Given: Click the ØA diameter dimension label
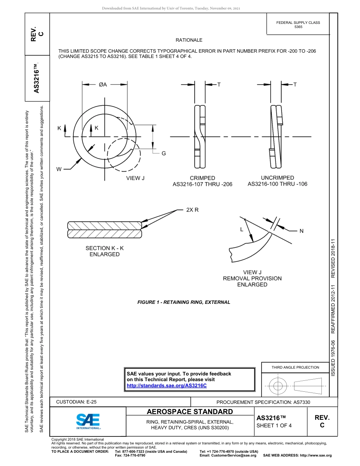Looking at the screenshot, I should (103, 84).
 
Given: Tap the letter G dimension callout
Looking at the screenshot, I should (164, 153).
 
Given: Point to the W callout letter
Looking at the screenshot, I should (59, 169).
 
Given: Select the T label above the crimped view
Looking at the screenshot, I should (219, 84).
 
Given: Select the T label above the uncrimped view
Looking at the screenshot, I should (295, 84).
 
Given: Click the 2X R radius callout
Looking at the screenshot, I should (192, 210).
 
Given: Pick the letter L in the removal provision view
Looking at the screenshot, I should (241, 229).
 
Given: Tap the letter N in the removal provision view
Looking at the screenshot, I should (301, 231).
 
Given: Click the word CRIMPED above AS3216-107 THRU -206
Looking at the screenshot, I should (202, 178).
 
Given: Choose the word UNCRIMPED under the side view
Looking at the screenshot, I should (277, 178).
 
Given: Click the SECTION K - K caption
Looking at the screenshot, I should (105, 248).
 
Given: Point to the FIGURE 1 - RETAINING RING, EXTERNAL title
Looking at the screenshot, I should (183, 302).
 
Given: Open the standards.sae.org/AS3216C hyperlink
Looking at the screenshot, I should (166, 385).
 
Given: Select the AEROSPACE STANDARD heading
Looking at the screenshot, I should (190, 412).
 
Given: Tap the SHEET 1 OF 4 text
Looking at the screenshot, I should (274, 425).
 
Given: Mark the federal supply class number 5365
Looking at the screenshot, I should (298, 27).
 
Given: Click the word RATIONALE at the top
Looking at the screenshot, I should (189, 40).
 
